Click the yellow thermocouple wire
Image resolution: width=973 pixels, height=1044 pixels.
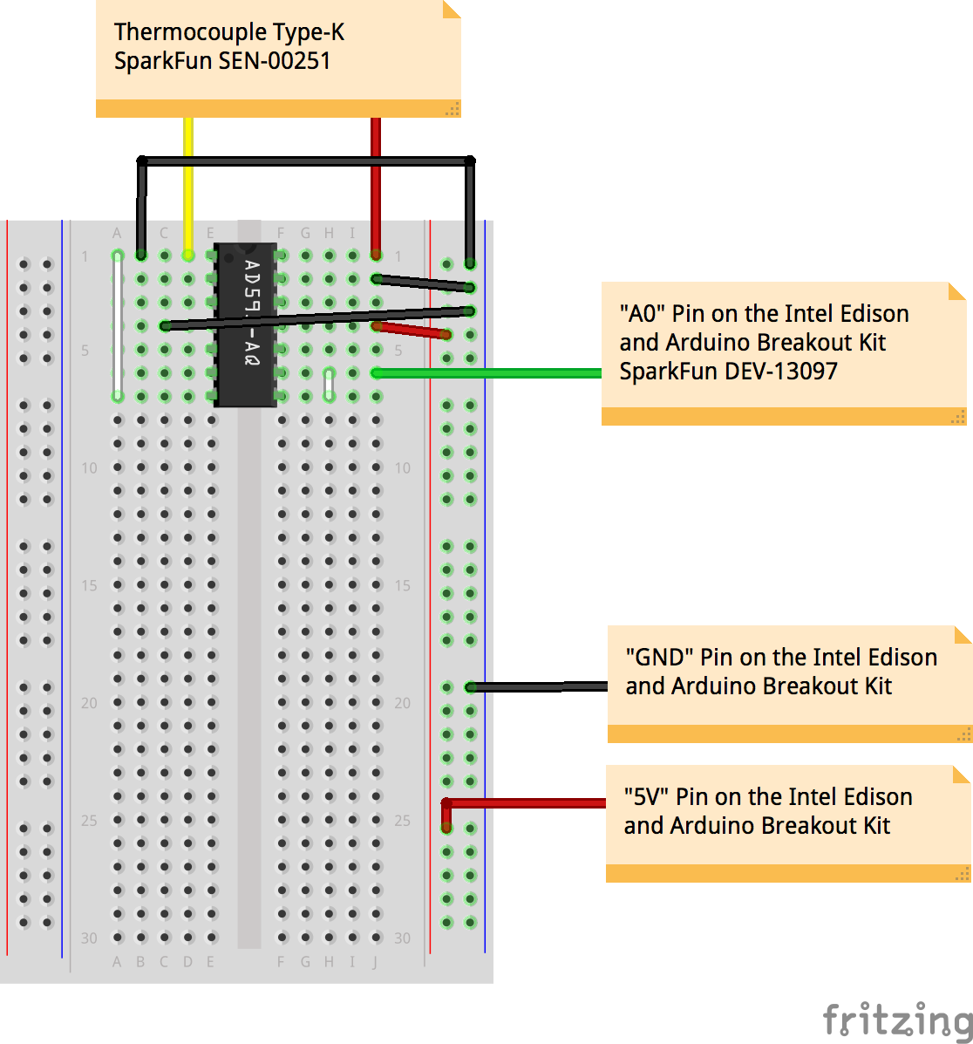187,183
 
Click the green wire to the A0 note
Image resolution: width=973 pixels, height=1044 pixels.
488,373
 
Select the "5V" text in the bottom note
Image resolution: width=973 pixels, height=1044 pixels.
646,797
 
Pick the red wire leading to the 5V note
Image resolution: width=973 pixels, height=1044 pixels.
523,803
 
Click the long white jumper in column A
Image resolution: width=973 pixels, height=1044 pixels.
118,326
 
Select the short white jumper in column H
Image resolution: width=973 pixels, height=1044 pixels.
329,385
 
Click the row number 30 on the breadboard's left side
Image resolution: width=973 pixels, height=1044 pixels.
89,938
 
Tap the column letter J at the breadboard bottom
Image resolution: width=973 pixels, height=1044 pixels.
376,962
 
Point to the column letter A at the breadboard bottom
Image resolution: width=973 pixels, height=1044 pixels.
117,962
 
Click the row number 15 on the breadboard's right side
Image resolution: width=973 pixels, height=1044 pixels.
402,585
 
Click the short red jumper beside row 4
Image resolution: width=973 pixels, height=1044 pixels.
411,331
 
